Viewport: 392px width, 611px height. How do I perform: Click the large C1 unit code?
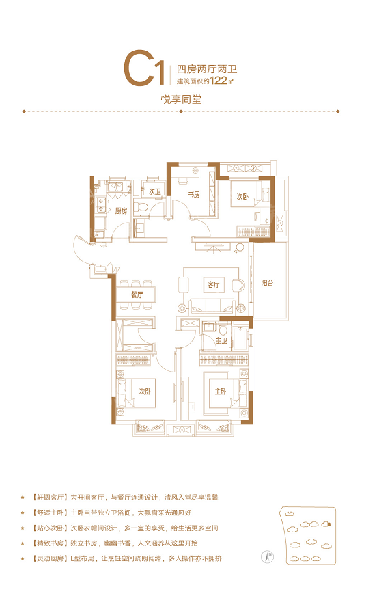pyautogui.click(x=143, y=70)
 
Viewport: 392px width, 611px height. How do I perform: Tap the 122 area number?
pyautogui.click(x=219, y=81)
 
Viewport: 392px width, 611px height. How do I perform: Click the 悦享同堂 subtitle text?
pyautogui.click(x=182, y=99)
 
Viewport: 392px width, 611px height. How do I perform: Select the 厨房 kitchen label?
pyautogui.click(x=121, y=211)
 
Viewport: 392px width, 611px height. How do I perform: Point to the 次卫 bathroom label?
pyautogui.click(x=154, y=191)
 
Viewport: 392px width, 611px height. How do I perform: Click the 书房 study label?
pyautogui.click(x=194, y=194)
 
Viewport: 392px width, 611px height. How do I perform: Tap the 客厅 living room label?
pyautogui.click(x=213, y=285)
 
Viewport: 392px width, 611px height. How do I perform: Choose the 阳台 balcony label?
pyautogui.click(x=267, y=284)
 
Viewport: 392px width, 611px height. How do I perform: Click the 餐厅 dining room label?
pyautogui.click(x=137, y=295)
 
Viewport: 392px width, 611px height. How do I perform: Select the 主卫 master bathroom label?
pyautogui.click(x=221, y=341)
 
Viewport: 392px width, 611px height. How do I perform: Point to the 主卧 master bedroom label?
pyautogui.click(x=221, y=391)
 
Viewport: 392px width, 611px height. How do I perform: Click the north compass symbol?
pyautogui.click(x=268, y=557)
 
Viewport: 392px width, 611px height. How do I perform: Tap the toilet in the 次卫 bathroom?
pyautogui.click(x=141, y=206)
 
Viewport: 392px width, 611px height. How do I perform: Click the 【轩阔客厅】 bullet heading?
pyautogui.click(x=49, y=498)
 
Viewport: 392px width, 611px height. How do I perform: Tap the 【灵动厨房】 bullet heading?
pyautogui.click(x=49, y=558)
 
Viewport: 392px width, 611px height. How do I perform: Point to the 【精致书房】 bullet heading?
pyautogui.click(x=49, y=543)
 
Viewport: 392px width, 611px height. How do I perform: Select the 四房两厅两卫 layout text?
pyautogui.click(x=207, y=69)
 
